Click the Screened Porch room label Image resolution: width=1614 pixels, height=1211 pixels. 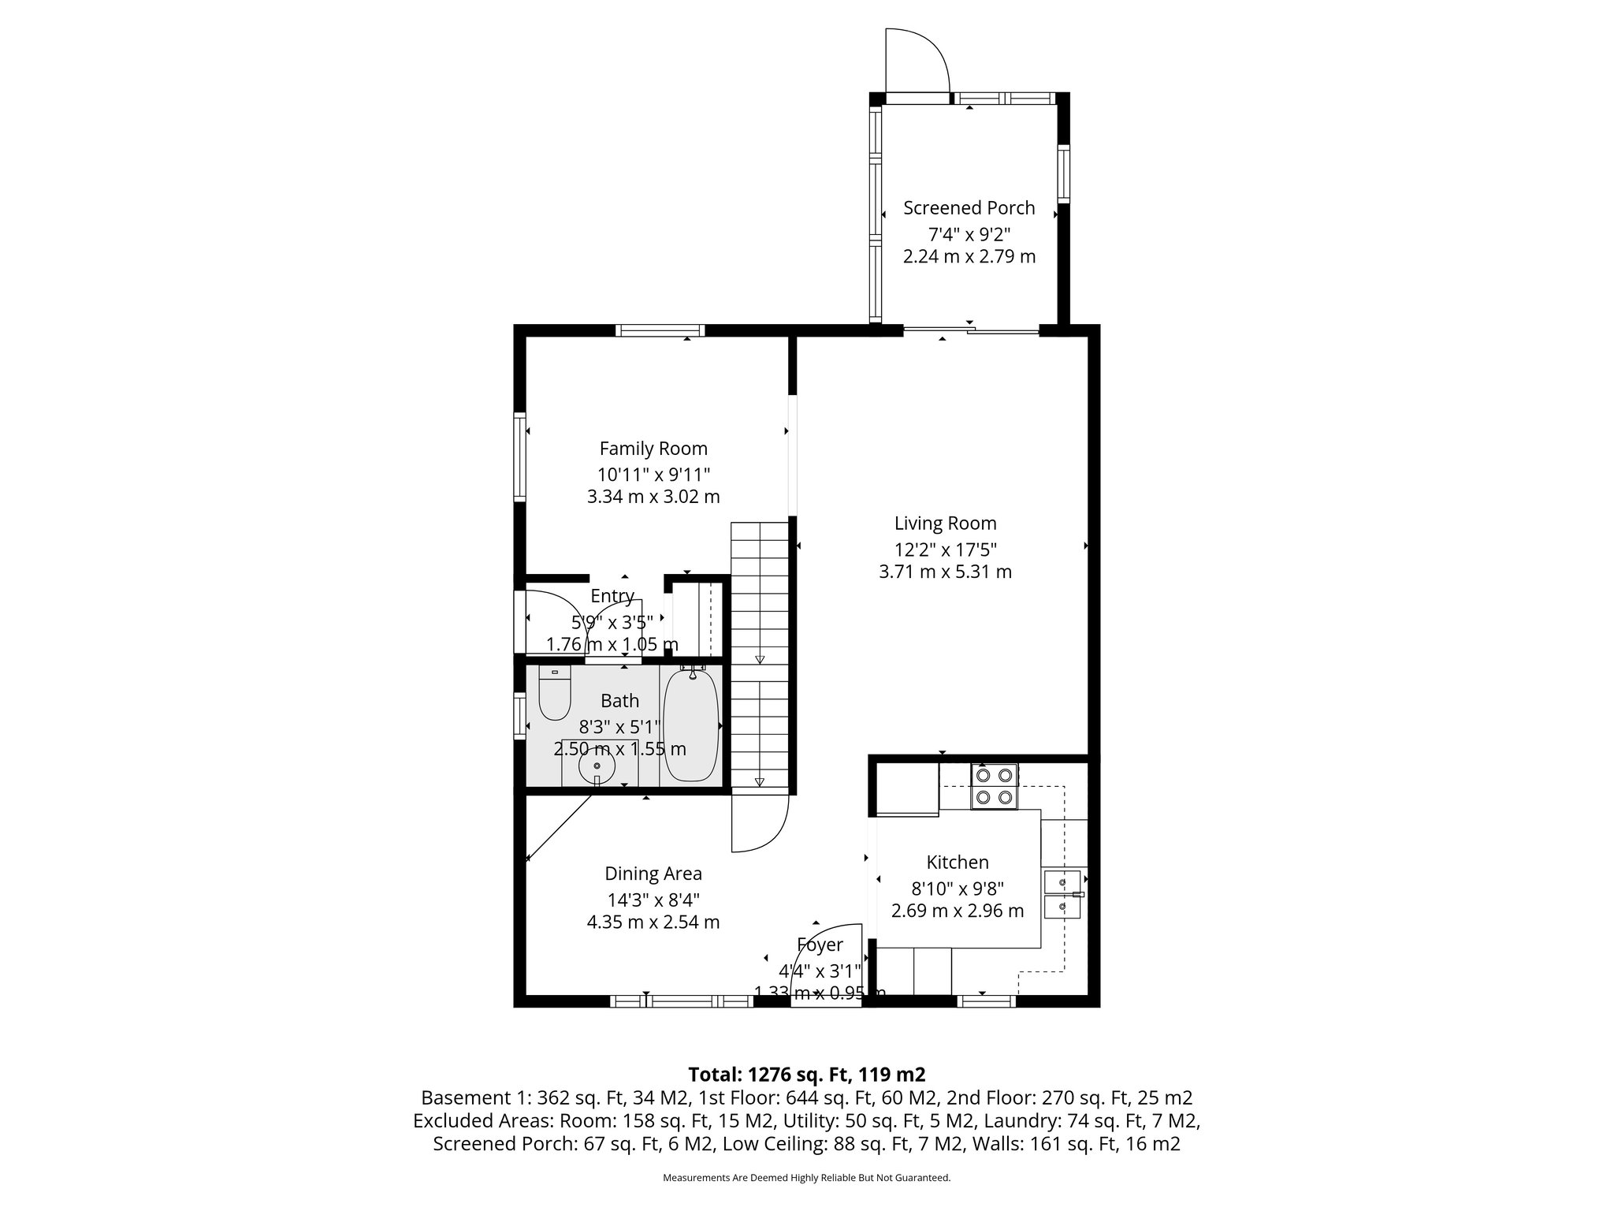point(969,208)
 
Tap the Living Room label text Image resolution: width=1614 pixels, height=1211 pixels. point(945,524)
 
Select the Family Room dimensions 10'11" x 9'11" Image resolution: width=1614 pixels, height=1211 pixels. point(653,475)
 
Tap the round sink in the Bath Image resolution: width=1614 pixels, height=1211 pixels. point(597,766)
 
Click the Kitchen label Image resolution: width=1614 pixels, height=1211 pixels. point(958,863)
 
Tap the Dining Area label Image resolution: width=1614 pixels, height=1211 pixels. point(653,874)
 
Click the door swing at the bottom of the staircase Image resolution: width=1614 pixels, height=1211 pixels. point(758,825)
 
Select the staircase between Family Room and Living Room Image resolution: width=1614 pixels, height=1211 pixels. point(760,654)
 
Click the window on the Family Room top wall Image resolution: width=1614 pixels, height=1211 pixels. point(660,330)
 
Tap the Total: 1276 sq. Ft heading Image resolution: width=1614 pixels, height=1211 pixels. point(806,1075)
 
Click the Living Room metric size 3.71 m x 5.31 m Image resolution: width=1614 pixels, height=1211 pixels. point(945,572)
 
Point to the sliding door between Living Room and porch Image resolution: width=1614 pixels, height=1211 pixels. point(971,330)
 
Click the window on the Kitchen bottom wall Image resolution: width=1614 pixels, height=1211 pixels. point(986,1001)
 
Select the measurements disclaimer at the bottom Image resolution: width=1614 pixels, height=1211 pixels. point(806,1178)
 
